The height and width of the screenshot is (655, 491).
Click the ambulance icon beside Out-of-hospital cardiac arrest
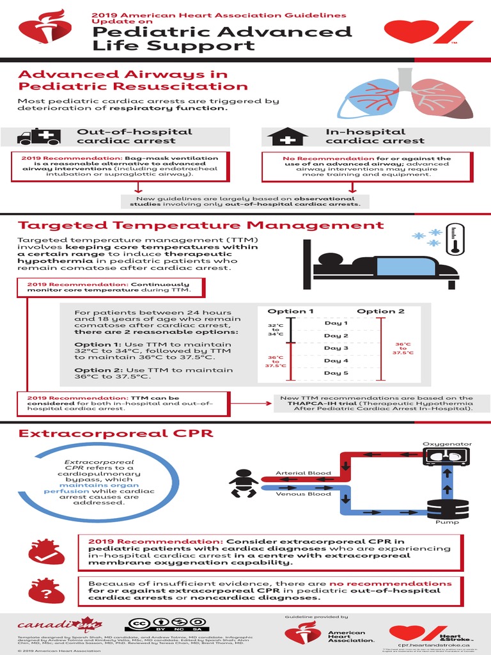[38, 137]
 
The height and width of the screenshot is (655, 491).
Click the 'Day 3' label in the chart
[336, 348]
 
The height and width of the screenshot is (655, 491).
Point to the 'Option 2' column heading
[380, 312]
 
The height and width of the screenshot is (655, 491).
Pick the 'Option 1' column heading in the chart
[290, 312]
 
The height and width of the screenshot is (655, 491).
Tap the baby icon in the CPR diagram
[243, 484]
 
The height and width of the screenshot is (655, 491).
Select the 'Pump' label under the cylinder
[442, 523]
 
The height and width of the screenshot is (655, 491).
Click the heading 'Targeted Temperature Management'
[200, 225]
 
